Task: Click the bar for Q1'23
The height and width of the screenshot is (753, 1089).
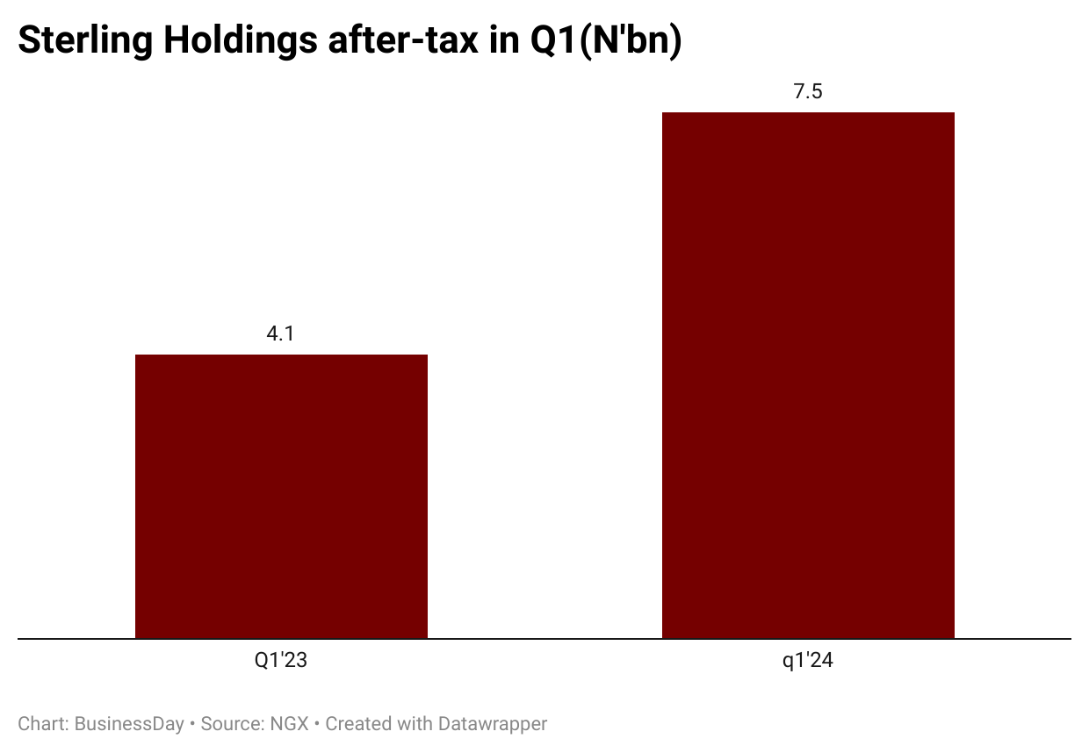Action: coord(281,496)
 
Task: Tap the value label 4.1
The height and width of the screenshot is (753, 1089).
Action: coord(280,333)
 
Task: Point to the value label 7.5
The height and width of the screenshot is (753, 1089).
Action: coord(808,91)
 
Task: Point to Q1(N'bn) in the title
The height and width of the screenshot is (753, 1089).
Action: coord(605,41)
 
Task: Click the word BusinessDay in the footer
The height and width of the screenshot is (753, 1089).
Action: coord(129,724)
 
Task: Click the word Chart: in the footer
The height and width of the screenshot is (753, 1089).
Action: coord(43,724)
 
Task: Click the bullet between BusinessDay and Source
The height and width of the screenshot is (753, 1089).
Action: coord(192,724)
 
